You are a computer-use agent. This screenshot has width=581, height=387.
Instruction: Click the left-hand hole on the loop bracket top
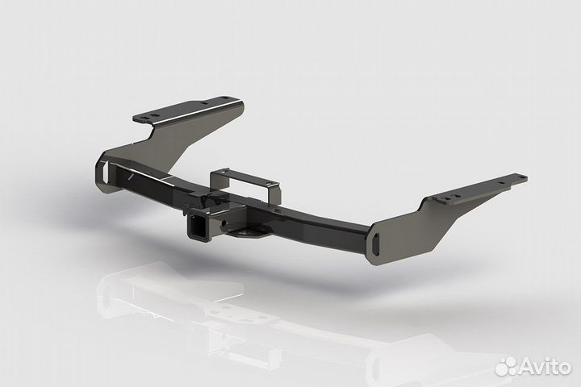click(x=226, y=173)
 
